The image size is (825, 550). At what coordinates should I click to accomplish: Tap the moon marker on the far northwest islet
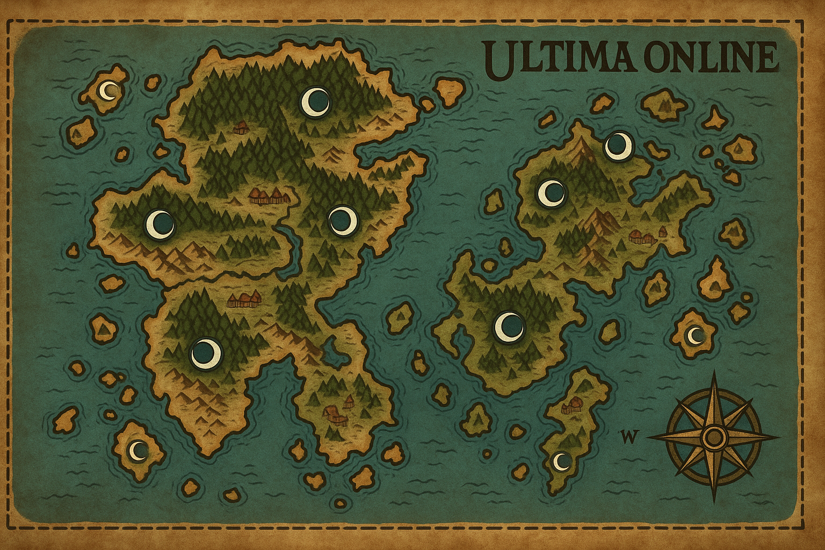(110, 91)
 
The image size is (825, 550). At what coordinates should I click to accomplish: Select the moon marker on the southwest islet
(138, 450)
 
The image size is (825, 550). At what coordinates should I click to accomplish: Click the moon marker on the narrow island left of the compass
(561, 461)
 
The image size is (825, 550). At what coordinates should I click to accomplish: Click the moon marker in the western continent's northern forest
(315, 100)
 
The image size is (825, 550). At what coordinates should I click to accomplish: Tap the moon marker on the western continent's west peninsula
(160, 224)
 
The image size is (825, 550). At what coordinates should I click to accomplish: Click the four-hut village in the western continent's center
(266, 196)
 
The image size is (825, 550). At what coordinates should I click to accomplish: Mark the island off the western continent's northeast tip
(450, 91)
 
